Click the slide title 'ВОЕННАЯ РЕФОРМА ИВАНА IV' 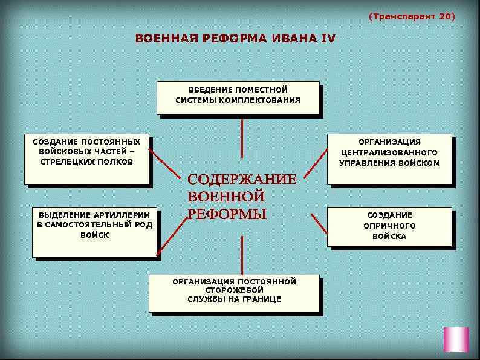click(235, 39)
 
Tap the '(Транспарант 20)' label click(411, 16)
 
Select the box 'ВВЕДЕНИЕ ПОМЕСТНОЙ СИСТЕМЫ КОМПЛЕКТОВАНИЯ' click(238, 97)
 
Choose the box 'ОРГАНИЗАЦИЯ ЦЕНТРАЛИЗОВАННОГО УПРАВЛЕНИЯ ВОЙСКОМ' click(389, 158)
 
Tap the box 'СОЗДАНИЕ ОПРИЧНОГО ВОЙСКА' click(389, 226)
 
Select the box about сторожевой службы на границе click(234, 293)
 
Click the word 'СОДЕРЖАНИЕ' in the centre click(242, 180)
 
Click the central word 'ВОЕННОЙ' click(226, 197)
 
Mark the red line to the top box click(242, 138)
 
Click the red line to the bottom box click(242, 255)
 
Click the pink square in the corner click(456, 339)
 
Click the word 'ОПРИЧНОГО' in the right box click(389, 226)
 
